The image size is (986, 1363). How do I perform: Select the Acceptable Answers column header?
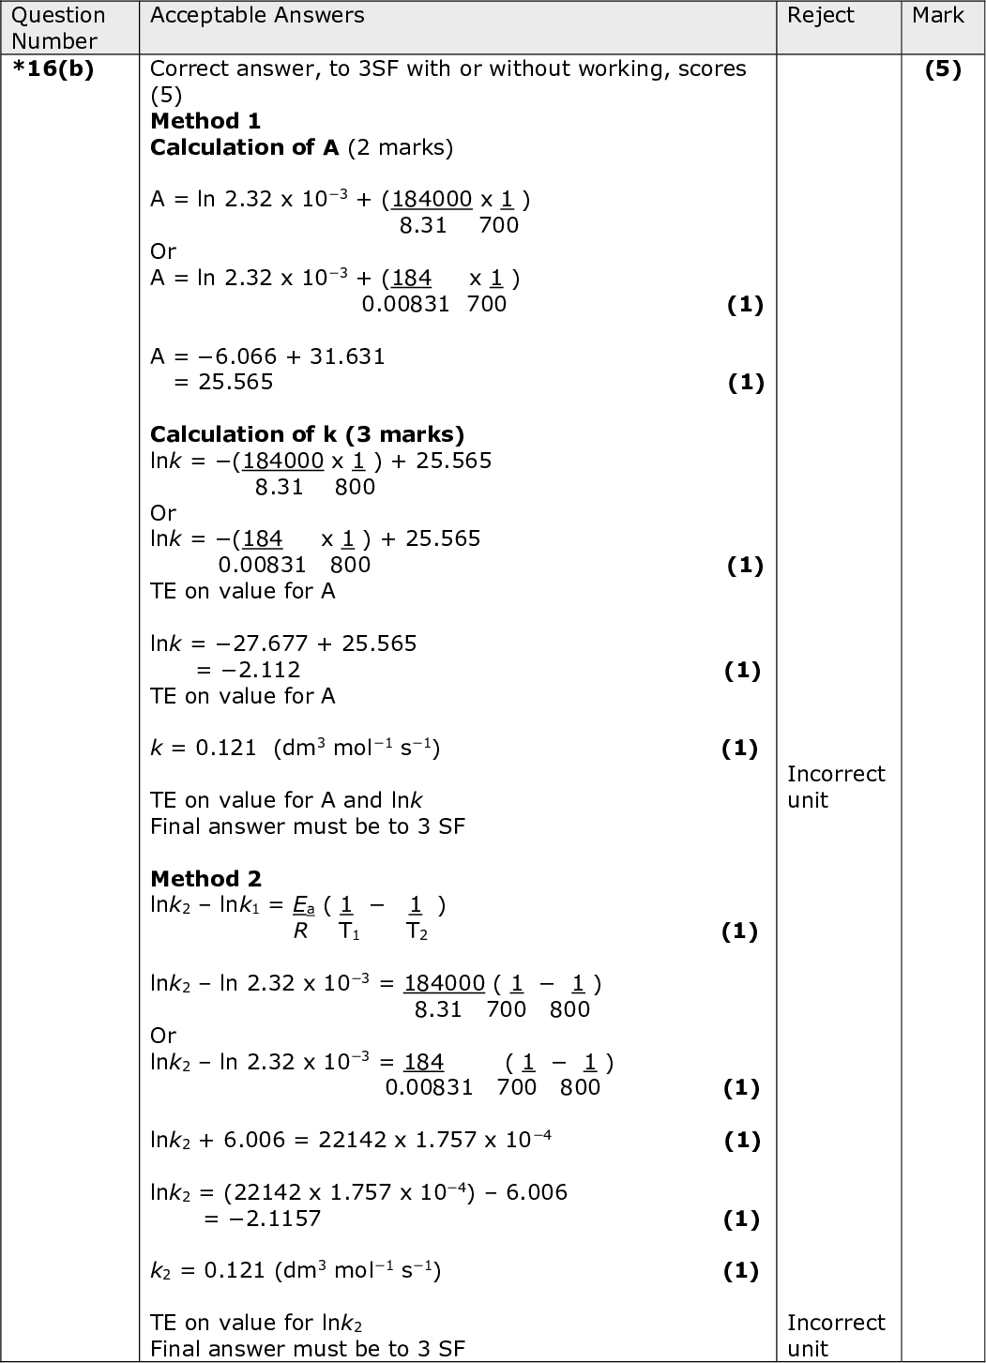[257, 15]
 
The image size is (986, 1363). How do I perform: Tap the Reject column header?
[820, 15]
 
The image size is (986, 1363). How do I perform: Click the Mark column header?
[937, 15]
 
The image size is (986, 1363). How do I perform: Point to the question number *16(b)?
[53, 69]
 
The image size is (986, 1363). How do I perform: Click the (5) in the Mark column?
[942, 69]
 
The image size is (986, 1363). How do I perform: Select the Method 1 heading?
[205, 121]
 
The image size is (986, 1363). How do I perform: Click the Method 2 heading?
[205, 879]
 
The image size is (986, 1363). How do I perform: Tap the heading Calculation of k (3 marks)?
[307, 434]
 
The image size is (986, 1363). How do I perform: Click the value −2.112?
[261, 670]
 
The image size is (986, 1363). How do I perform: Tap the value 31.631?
[347, 356]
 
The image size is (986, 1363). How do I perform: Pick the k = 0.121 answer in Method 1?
[204, 748]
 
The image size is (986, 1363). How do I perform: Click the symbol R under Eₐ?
[300, 931]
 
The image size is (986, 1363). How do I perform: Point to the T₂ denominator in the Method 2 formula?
[417, 931]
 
